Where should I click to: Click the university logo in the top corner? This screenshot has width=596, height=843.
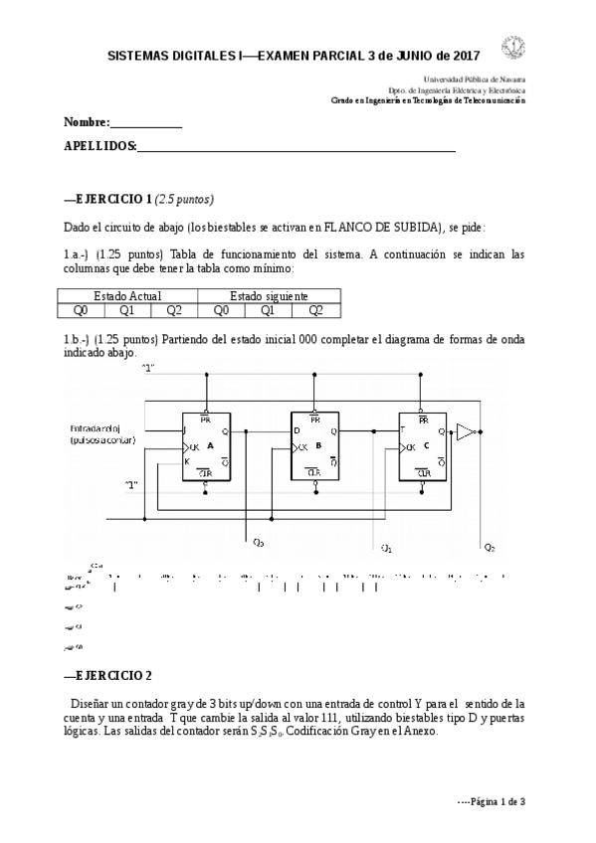coord(514,47)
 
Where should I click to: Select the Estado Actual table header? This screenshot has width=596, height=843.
coord(127,295)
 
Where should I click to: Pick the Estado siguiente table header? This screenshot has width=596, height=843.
coord(269,295)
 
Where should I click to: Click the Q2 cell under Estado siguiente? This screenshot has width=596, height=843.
coord(316,309)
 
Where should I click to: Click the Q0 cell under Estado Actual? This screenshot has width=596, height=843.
coord(81,309)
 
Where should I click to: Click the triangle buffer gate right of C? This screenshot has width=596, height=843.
coord(466,430)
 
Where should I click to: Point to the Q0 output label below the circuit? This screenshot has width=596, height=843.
coord(259,543)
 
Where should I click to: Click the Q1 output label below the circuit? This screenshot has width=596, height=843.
coord(387,547)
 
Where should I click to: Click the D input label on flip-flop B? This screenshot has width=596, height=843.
coord(297,430)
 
